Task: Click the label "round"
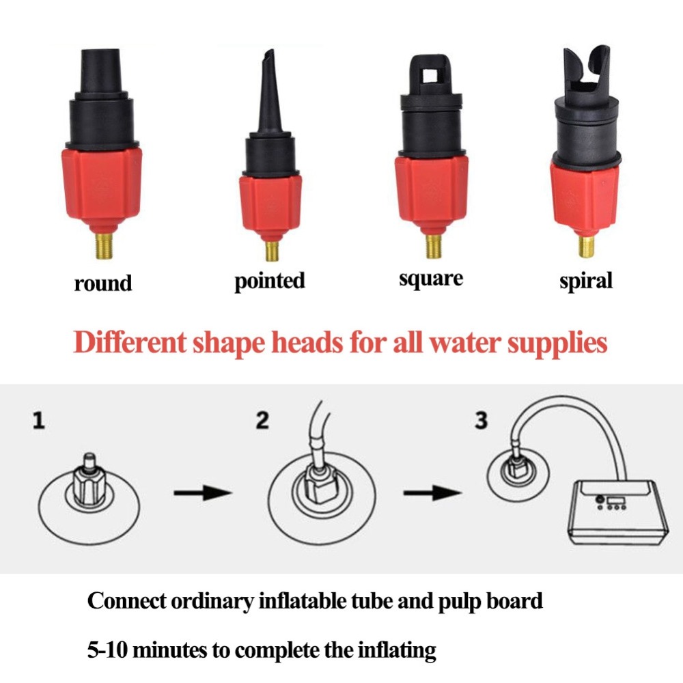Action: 103,283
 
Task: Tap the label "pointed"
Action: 270,281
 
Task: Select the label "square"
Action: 431,279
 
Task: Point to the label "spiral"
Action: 586,281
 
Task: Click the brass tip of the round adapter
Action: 104,246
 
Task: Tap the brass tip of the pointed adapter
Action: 272,251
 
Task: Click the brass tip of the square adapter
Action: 434,246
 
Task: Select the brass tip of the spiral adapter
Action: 586,247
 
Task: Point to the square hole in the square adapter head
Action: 430,76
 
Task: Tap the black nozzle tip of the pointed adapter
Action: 270,55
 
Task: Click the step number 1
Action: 39,420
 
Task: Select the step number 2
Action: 262,420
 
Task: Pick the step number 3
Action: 481,420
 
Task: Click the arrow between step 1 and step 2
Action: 203,493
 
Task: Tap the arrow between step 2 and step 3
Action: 432,493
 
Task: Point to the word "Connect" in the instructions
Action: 127,601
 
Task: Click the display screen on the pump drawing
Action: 616,500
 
